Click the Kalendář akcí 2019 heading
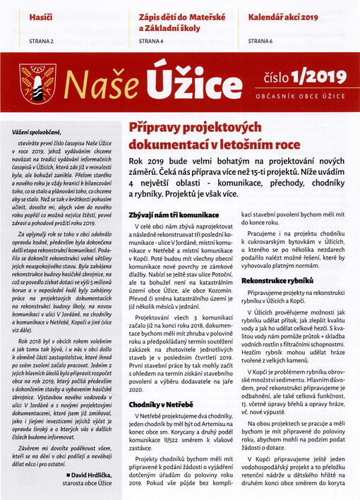[282, 15]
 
